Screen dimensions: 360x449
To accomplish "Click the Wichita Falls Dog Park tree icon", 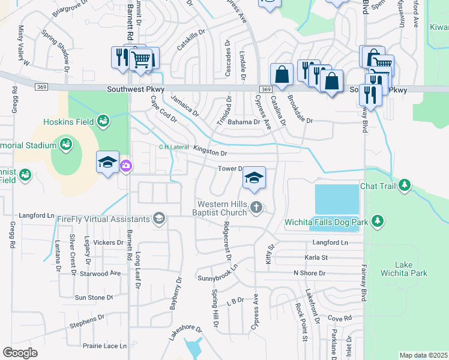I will click(377, 221).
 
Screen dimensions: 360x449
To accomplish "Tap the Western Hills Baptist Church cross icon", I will click(256, 208).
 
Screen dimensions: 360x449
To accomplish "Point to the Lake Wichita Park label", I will click(411, 269).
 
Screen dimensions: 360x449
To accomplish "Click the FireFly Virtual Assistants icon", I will click(159, 218).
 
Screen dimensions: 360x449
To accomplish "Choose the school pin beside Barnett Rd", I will click(108, 162).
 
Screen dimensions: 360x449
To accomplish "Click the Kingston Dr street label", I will click(209, 150).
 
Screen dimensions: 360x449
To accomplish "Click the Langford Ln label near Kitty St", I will click(330, 242).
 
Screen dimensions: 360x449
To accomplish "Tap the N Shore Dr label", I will click(309, 273).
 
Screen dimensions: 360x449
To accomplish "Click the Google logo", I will click(20, 352).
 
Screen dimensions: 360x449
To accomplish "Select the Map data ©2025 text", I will click(423, 355).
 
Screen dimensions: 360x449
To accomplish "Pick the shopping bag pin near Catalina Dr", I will click(281, 74).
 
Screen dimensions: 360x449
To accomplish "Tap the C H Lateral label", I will click(173, 147).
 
